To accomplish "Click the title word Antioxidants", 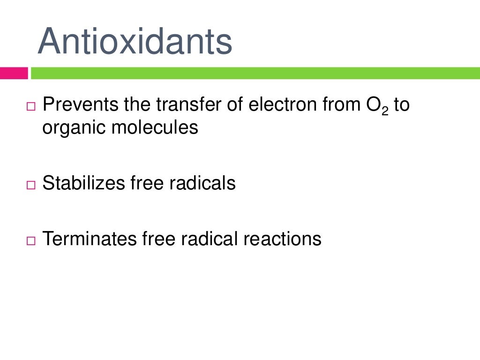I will pos(135,41).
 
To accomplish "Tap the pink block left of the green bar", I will pos(14,73).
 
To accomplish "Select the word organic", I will pos(74,127).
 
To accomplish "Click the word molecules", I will pos(155,127).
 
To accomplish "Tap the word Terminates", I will pos(89,239).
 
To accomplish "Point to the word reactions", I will pos(282,239).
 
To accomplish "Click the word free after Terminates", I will pos(158,239).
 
